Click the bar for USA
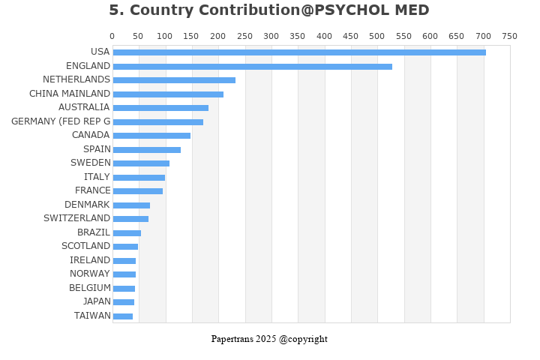[x=299, y=52]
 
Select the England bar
[x=252, y=67]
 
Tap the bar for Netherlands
[x=174, y=80]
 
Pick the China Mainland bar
[x=168, y=94]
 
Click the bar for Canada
[x=151, y=136]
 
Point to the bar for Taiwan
[x=123, y=316]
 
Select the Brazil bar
[x=127, y=233]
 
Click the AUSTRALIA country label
[x=84, y=107]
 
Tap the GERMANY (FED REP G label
[x=61, y=121]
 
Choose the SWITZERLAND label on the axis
[x=76, y=218]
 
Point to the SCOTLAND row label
[x=85, y=246]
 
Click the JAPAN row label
[x=97, y=301]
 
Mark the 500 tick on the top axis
[x=377, y=36]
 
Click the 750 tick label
[x=509, y=36]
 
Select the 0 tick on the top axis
[x=112, y=36]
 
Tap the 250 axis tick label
[x=244, y=36]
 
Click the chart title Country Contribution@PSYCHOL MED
[x=269, y=10]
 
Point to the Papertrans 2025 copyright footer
[x=269, y=339]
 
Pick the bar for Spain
[x=147, y=150]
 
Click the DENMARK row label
[x=87, y=205]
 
